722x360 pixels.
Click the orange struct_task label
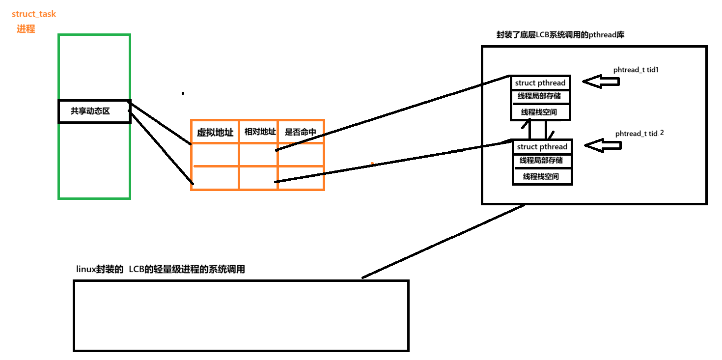(34, 14)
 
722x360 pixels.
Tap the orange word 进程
(26, 29)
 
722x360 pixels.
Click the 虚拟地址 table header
(215, 132)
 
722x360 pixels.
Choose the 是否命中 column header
(300, 132)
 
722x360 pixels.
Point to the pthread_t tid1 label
(636, 70)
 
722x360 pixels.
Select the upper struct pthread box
(540, 83)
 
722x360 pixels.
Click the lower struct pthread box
(542, 147)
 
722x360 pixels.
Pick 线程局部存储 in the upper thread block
(539, 96)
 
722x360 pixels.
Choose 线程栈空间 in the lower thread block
(541, 176)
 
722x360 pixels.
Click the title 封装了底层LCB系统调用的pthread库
(560, 35)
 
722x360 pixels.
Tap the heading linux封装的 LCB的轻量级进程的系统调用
(161, 269)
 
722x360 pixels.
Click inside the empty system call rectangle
(241, 315)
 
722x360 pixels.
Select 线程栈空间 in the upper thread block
(539, 112)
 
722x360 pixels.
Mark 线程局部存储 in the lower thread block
(541, 160)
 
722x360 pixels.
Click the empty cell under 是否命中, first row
(301, 154)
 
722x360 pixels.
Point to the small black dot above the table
(183, 93)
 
